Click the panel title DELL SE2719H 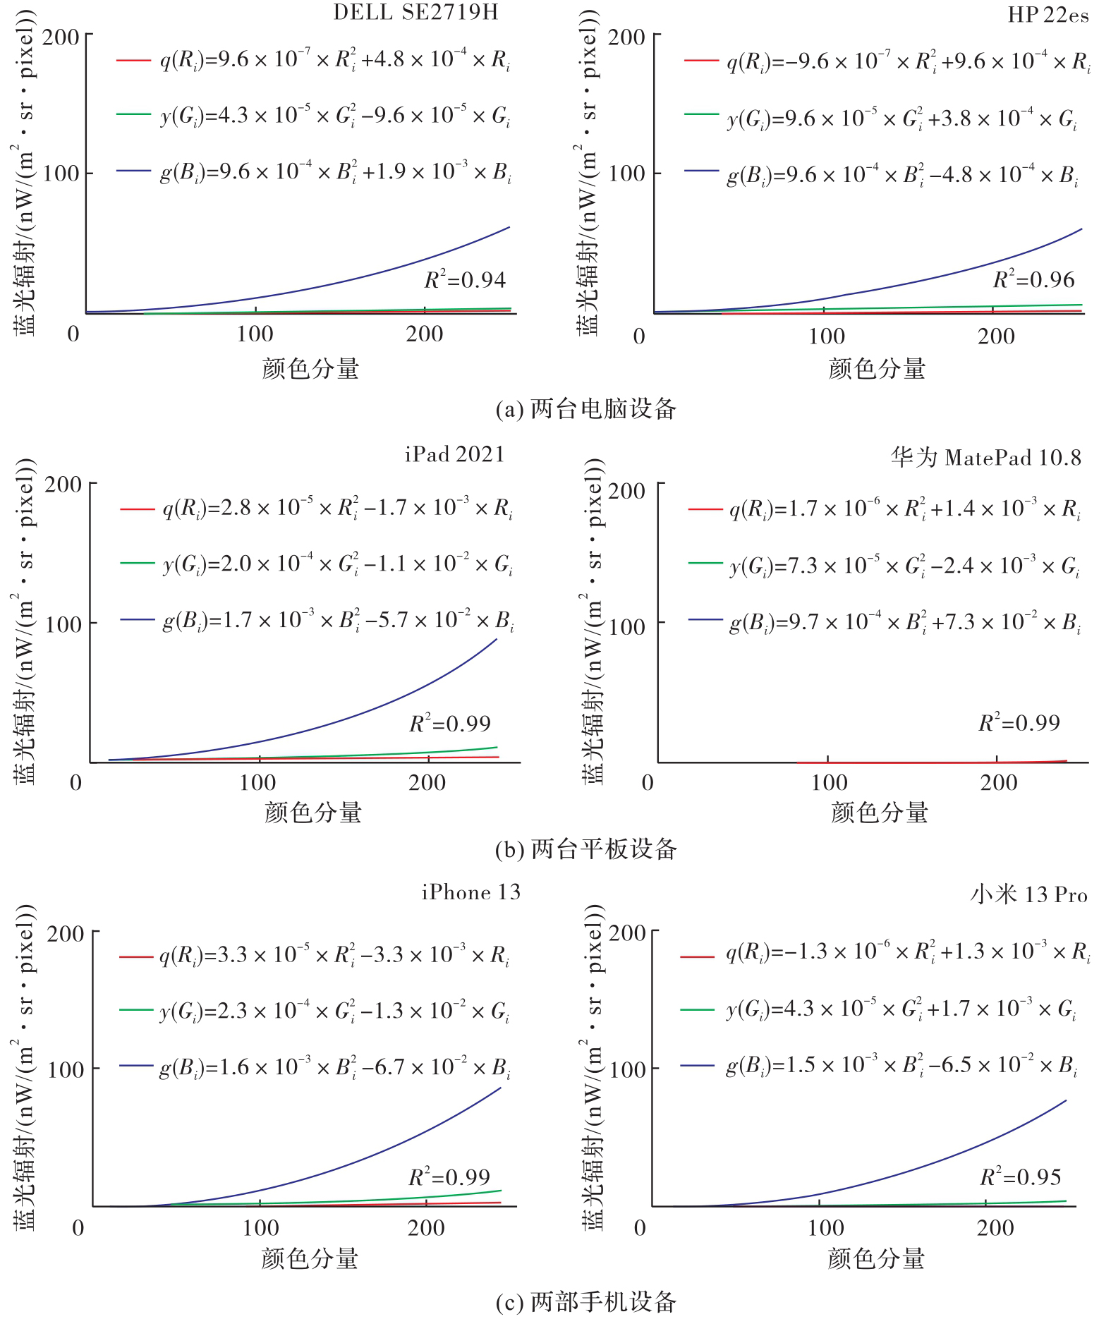point(415,12)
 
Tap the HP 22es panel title point(1048,15)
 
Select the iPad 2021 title point(455,454)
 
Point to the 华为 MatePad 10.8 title point(985,457)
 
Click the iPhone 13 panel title point(471,892)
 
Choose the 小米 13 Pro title point(1028,894)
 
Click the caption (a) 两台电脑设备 point(585,409)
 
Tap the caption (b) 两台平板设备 point(585,849)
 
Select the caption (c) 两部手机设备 point(585,1301)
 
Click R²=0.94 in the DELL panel point(465,280)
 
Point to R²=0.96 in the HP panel point(1033,280)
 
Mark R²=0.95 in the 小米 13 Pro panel point(1020,1177)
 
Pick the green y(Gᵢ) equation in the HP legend point(902,119)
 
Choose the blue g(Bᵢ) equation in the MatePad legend point(905,622)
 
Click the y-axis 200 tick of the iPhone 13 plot point(66,934)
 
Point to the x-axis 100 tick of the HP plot point(826,336)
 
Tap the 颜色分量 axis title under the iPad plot point(313,813)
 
